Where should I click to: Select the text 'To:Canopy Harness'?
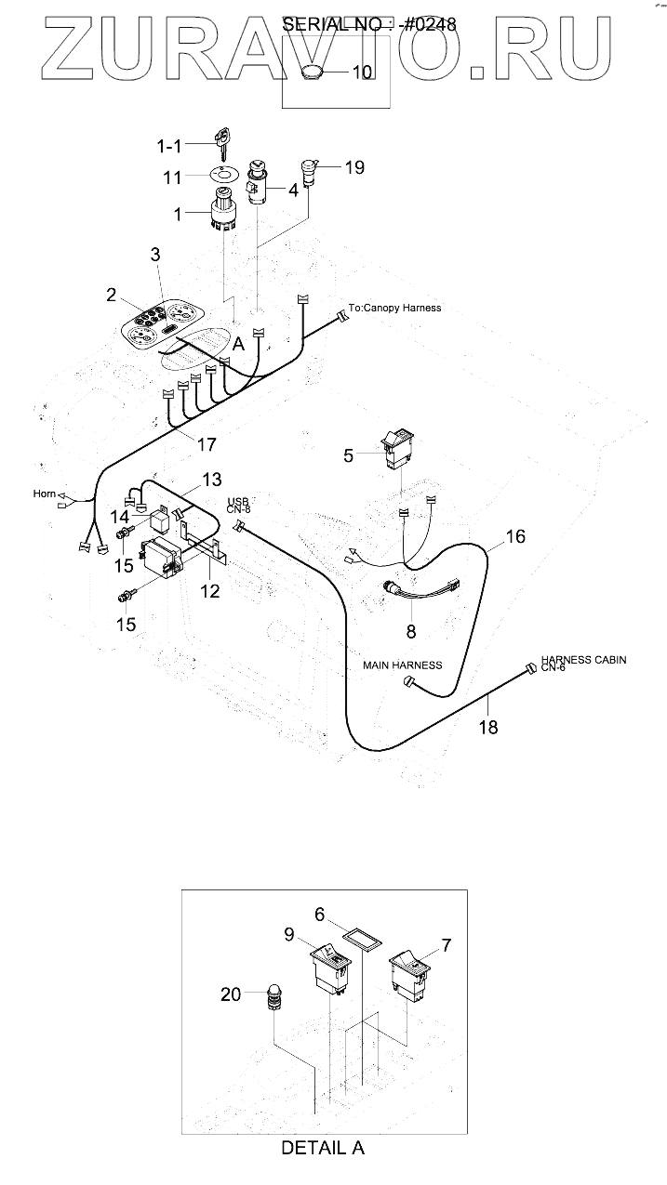(395, 308)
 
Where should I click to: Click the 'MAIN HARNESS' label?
(402, 665)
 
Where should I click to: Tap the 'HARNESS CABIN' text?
(583, 660)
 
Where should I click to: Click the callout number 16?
(515, 536)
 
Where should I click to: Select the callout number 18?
(487, 727)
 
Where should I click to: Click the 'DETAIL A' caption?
(322, 1148)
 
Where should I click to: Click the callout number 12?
(210, 590)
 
